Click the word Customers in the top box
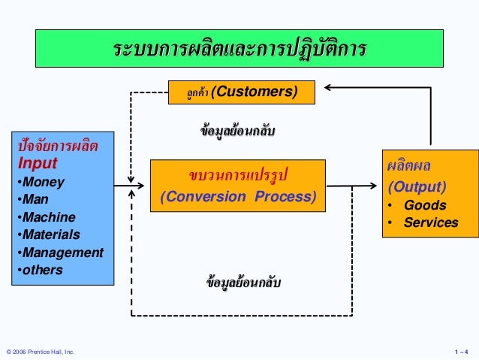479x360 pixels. coord(256,92)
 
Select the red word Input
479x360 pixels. coord(38,162)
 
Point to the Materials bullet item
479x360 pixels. coord(48,234)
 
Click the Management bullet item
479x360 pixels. coord(59,253)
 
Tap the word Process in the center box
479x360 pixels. coord(282,198)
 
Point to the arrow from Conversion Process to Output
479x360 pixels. coord(353,185)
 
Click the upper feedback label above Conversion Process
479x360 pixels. coord(239,131)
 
